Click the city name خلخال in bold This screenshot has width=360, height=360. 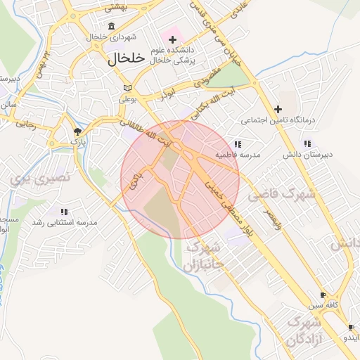pos(127,59)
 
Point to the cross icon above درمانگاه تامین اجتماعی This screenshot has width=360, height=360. pos(278,108)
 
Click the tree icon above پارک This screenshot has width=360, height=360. pos(77,131)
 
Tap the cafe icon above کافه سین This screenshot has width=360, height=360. pos(323,295)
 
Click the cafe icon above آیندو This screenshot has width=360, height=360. pos(351,328)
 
